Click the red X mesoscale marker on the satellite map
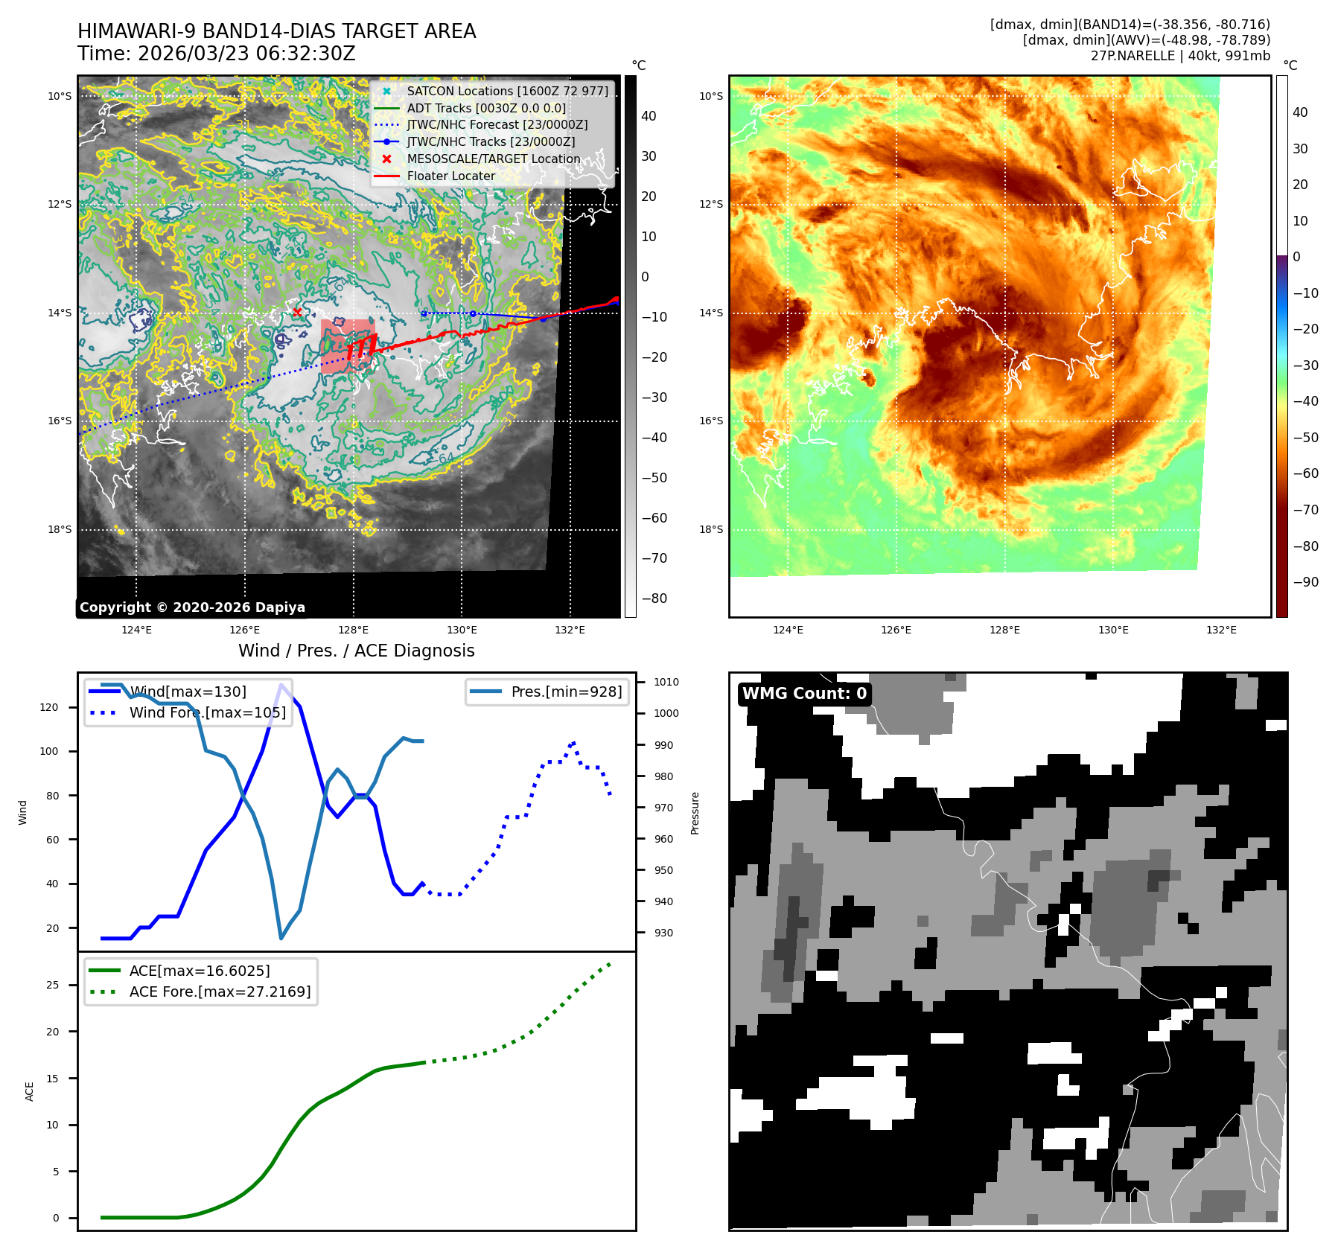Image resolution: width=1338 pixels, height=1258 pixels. pyautogui.click(x=297, y=312)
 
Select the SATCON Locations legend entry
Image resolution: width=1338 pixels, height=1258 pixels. pyautogui.click(x=507, y=91)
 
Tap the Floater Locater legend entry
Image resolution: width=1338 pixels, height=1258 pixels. pyautogui.click(x=450, y=176)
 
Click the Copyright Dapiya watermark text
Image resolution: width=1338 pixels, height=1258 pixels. pyautogui.click(x=192, y=607)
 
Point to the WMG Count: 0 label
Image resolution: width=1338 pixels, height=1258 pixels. pyautogui.click(x=804, y=693)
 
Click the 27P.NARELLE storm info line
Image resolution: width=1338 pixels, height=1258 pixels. pyautogui.click(x=1180, y=56)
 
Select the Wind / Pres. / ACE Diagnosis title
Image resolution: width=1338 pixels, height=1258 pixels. pyautogui.click(x=356, y=651)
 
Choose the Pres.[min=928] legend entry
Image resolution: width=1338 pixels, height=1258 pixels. pyautogui.click(x=566, y=692)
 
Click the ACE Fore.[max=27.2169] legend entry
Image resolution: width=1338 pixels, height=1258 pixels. pyautogui.click(x=220, y=992)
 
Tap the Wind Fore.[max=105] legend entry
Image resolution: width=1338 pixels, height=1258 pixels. pyautogui.click(x=207, y=712)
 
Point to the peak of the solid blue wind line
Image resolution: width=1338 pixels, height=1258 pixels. pyautogui.click(x=281, y=685)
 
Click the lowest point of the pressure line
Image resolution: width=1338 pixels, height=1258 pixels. pyautogui.click(x=281, y=938)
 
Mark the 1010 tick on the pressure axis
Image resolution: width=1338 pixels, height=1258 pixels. pyautogui.click(x=666, y=682)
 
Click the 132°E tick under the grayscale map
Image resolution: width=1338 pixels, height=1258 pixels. pyautogui.click(x=570, y=630)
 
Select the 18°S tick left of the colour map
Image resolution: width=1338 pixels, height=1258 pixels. pyautogui.click(x=710, y=529)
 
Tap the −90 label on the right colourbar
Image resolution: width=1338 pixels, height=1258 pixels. pyautogui.click(x=1305, y=582)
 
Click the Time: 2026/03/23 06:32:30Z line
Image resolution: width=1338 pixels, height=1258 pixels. pyautogui.click(x=217, y=54)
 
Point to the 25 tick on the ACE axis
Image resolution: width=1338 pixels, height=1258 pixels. pyautogui.click(x=52, y=985)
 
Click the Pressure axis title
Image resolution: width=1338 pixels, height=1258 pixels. pyautogui.click(x=695, y=812)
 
